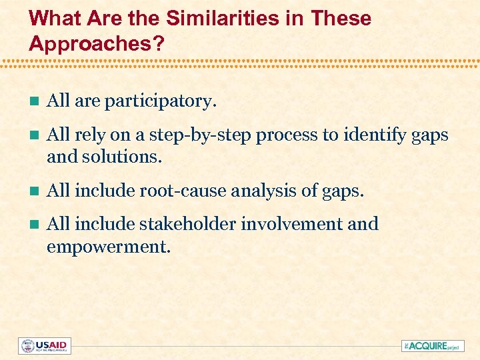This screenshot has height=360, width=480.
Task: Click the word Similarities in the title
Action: coord(214,18)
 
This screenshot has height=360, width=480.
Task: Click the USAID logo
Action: coord(45,345)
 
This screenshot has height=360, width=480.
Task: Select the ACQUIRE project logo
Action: coord(433,345)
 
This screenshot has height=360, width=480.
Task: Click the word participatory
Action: coord(161,101)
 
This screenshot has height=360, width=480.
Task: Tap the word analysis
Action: coord(256,191)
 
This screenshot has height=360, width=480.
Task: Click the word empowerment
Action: coord(109,247)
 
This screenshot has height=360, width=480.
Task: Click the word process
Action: coord(287,135)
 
